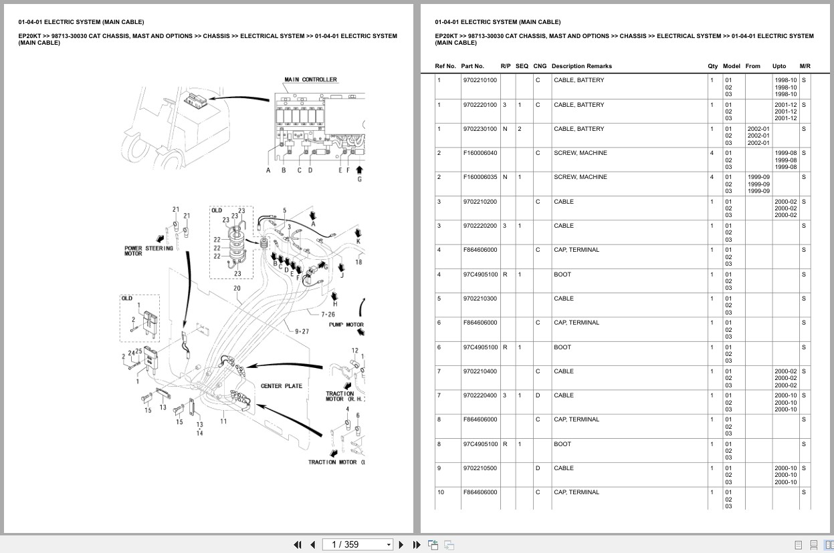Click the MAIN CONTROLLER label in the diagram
(x=310, y=79)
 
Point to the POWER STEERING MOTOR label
(x=148, y=250)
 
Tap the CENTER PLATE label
(x=281, y=386)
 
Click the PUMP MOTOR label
(x=346, y=325)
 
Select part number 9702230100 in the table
(x=480, y=129)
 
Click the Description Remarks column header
(x=581, y=66)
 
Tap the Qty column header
(x=712, y=66)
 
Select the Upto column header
(x=779, y=66)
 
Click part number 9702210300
(x=480, y=299)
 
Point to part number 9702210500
(x=480, y=468)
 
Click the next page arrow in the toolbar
(x=401, y=544)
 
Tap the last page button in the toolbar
(x=417, y=544)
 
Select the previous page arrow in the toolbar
(x=312, y=544)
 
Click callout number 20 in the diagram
(x=237, y=289)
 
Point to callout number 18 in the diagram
(x=358, y=262)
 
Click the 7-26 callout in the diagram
(x=328, y=314)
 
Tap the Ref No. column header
(x=445, y=66)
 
